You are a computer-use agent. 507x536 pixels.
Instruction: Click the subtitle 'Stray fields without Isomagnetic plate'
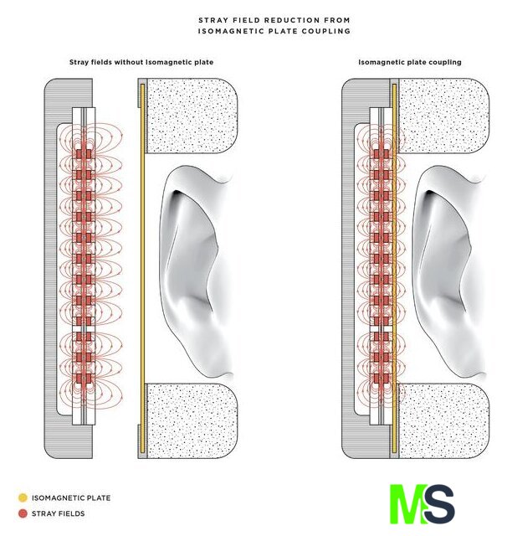[x=141, y=62]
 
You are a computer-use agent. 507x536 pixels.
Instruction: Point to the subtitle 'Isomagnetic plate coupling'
[x=410, y=62]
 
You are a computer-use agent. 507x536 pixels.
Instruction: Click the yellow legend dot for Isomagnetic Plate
[x=23, y=497]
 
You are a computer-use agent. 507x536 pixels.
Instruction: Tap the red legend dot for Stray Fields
[x=23, y=513]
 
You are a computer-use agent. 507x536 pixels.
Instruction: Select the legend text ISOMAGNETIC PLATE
[x=71, y=498]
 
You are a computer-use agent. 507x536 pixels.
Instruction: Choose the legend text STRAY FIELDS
[x=58, y=513]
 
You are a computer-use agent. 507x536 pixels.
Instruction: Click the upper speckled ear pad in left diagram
[x=192, y=116]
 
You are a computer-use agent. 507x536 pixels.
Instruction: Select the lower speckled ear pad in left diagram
[x=192, y=420]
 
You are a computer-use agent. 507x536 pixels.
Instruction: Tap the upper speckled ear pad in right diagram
[x=444, y=116]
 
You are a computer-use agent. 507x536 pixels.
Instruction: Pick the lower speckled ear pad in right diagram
[x=444, y=420]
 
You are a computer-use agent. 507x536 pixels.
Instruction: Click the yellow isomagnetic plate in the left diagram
[x=143, y=268]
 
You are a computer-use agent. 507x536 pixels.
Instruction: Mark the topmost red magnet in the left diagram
[x=84, y=154]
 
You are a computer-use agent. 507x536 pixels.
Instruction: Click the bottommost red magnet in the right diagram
[x=381, y=379]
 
